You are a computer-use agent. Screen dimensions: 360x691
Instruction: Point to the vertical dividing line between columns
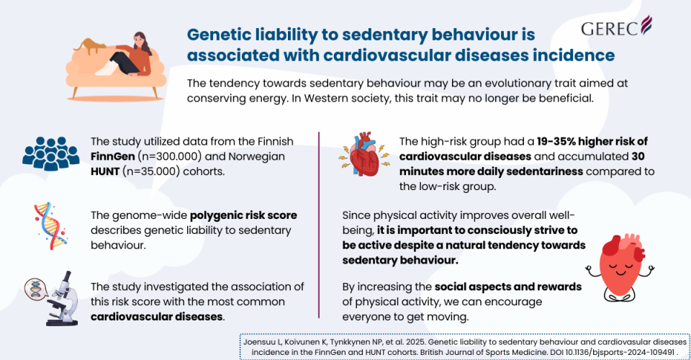pyautogui.click(x=319, y=223)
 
